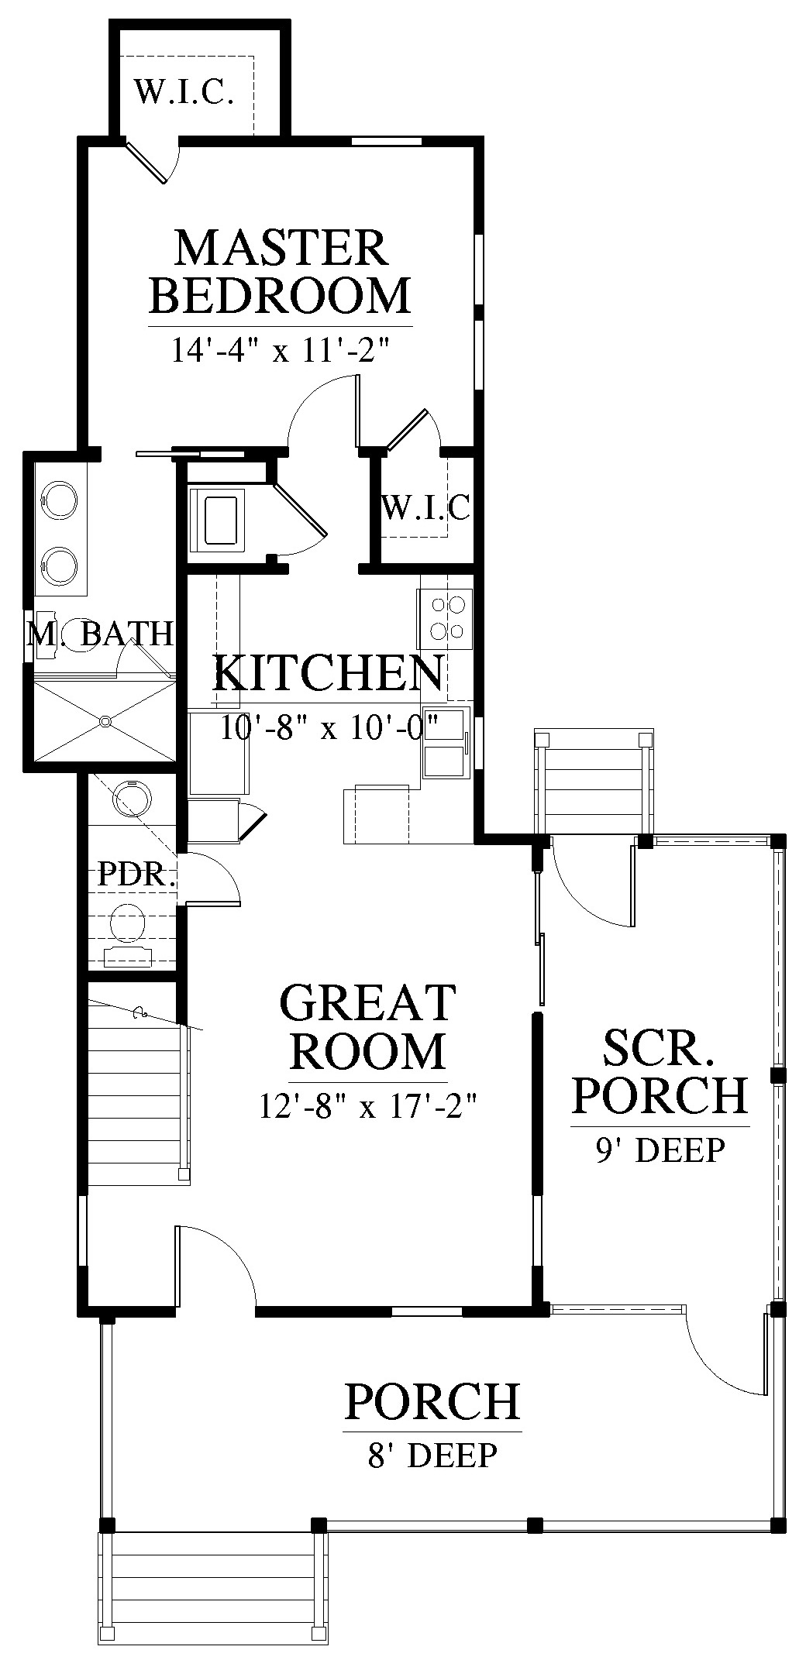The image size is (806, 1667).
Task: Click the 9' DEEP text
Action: point(660,1150)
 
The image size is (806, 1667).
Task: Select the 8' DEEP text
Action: point(432,1456)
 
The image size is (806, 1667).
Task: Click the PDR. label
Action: point(134,875)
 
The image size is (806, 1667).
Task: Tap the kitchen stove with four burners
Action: point(445,619)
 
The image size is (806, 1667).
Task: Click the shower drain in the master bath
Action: point(105,722)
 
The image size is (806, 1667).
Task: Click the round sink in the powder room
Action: point(129,798)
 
